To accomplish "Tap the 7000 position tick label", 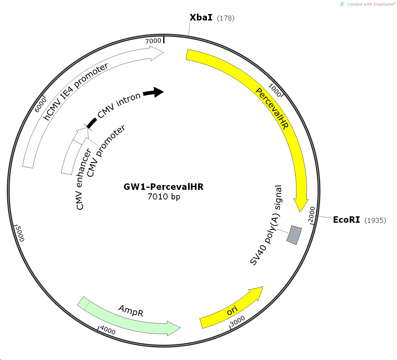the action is pyautogui.click(x=153, y=41).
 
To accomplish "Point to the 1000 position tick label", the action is pyautogui.click(x=275, y=90).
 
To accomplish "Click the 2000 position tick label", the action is pyautogui.click(x=312, y=215).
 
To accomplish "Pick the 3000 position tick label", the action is pyautogui.click(x=237, y=321).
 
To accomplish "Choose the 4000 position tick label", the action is pyautogui.click(x=108, y=330).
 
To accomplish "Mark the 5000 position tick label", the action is pyautogui.click(x=20, y=234).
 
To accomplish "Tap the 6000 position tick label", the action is pyautogui.click(x=41, y=105).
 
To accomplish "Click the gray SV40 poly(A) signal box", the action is pyautogui.click(x=294, y=235).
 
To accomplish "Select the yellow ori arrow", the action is pyautogui.click(x=231, y=307).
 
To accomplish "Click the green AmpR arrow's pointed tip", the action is pyautogui.click(x=180, y=328).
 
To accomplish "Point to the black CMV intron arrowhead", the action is pyautogui.click(x=158, y=92).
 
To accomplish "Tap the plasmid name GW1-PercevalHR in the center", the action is pyautogui.click(x=164, y=187).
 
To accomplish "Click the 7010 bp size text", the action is pyautogui.click(x=164, y=197).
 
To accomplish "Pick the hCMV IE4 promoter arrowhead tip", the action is pyautogui.click(x=164, y=53).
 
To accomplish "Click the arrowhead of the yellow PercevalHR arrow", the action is pyautogui.click(x=300, y=212).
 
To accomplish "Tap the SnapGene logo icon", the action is pyautogui.click(x=342, y=4).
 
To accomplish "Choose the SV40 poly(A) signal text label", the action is pyautogui.click(x=266, y=225).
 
